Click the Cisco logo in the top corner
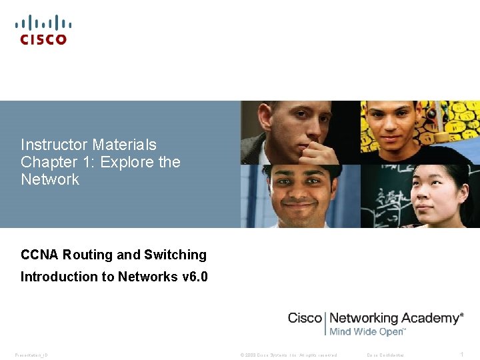pyautogui.click(x=43, y=30)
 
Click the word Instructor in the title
pyautogui.click(x=54, y=145)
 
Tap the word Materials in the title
pyautogui.click(x=125, y=145)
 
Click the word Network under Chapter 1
pyautogui.click(x=50, y=179)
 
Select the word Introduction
pyautogui.click(x=58, y=277)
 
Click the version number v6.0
pyautogui.click(x=194, y=277)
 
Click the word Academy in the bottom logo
pyautogui.click(x=429, y=318)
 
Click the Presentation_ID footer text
pyautogui.click(x=31, y=355)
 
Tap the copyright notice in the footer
pyautogui.click(x=288, y=355)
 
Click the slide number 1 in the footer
pyautogui.click(x=461, y=355)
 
